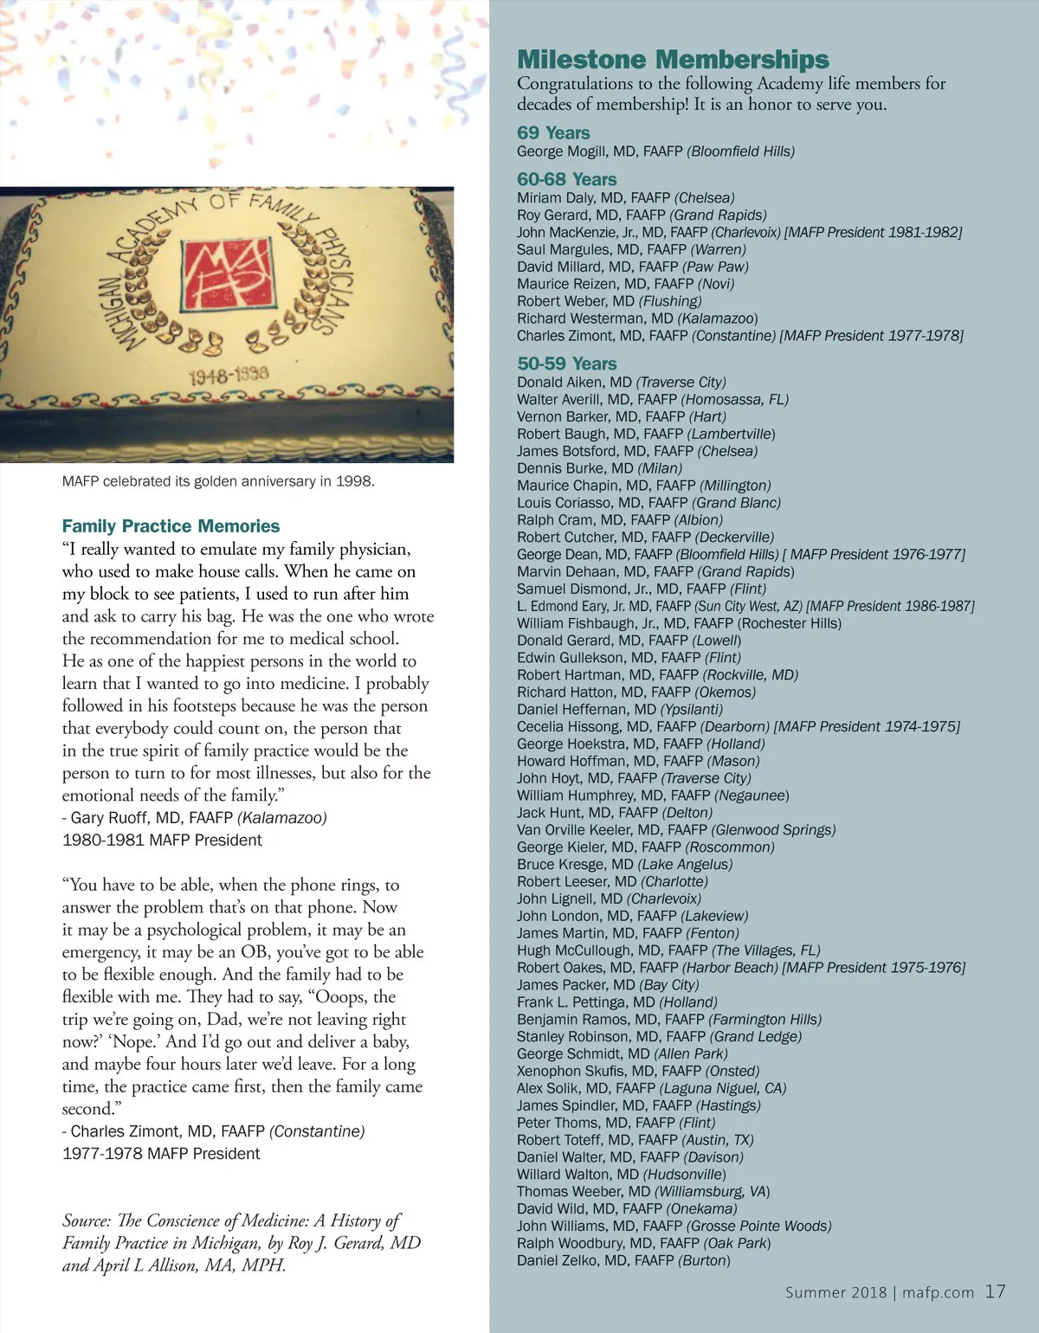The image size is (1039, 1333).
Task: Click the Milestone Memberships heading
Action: [x=673, y=60]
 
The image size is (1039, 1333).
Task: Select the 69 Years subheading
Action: [x=553, y=132]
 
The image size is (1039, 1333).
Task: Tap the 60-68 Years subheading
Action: [x=567, y=179]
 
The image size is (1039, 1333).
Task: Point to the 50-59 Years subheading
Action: [x=567, y=364]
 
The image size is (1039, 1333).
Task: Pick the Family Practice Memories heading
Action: [x=171, y=526]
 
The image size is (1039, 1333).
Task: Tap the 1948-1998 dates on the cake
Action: [x=229, y=375]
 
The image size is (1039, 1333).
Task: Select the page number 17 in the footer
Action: [x=996, y=1291]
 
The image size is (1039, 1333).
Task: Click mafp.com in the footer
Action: [x=938, y=1292]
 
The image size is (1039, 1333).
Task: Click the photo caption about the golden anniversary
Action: [x=218, y=481]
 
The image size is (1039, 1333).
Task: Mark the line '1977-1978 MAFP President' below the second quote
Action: [x=161, y=1154]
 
